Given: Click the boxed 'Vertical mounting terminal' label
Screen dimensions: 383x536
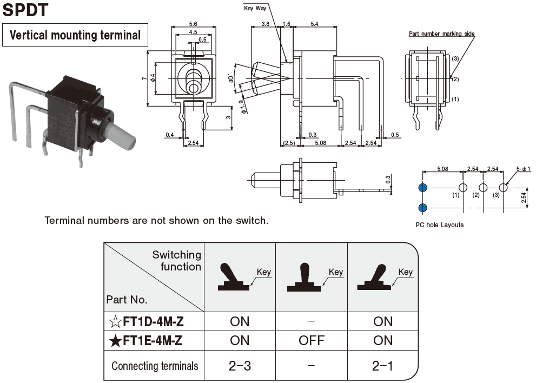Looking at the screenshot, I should pyautogui.click(x=75, y=36).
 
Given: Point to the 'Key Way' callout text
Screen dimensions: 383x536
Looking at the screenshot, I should pyautogui.click(x=256, y=9).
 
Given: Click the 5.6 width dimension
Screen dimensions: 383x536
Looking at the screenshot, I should pyautogui.click(x=193, y=24).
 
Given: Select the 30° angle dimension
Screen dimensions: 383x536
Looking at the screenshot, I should pyautogui.click(x=231, y=79).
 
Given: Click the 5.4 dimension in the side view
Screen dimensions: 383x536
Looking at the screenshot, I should pyautogui.click(x=314, y=24).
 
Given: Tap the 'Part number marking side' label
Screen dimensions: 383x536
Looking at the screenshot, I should pyautogui.click(x=441, y=34).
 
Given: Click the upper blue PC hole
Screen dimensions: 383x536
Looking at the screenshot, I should pyautogui.click(x=422, y=188).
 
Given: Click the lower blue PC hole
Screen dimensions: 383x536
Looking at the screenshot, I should pyautogui.click(x=422, y=207).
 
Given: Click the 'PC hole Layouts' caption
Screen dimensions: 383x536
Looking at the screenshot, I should pyautogui.click(x=439, y=225).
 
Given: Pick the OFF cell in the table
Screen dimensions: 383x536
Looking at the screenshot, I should pyautogui.click(x=312, y=340).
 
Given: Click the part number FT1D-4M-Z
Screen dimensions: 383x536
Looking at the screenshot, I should pyautogui.click(x=153, y=322).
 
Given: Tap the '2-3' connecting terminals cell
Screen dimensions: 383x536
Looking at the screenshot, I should pyautogui.click(x=240, y=366).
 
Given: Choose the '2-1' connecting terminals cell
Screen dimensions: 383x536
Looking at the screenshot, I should pyautogui.click(x=382, y=366).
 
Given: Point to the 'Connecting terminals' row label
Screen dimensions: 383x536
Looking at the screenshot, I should pyautogui.click(x=155, y=366).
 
